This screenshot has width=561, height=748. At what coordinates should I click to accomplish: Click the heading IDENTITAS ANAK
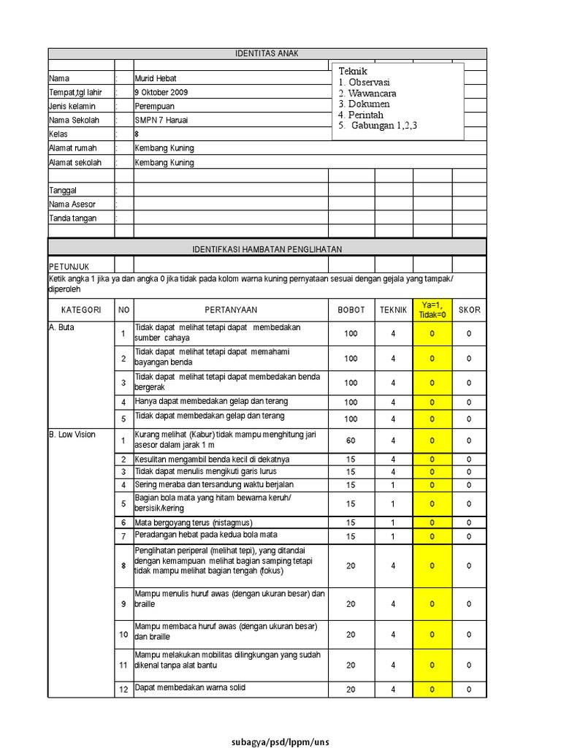pos(267,53)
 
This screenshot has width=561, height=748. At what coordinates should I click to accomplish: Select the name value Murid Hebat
pos(156,78)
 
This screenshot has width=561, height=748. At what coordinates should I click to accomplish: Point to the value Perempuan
pos(155,106)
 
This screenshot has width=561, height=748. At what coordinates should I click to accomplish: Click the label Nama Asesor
pos(72,205)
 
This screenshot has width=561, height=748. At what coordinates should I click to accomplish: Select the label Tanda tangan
pos(72,218)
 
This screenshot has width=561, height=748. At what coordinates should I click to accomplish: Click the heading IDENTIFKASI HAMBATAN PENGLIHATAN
pos(267,249)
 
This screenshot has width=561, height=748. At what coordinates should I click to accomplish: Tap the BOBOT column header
pos(351,310)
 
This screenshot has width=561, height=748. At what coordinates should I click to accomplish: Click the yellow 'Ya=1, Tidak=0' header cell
pos(432,310)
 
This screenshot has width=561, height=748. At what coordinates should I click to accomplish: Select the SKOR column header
pos(469,310)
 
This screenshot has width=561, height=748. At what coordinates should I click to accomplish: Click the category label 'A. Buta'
pos(62,328)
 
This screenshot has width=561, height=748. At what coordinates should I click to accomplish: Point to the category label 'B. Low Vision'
pos(72,435)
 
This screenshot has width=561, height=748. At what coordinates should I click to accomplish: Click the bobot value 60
pos(351,441)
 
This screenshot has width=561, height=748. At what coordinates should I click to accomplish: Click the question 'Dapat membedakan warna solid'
pos(190,687)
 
